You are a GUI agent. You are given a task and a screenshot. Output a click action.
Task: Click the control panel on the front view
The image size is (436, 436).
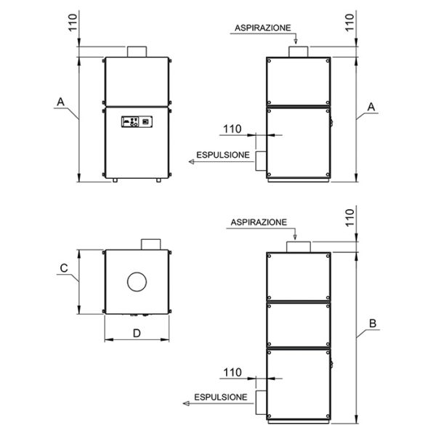click(x=137, y=122)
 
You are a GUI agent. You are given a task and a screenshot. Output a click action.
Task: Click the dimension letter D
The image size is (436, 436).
click(x=137, y=333)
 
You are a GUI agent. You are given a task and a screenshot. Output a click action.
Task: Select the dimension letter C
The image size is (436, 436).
click(x=64, y=268)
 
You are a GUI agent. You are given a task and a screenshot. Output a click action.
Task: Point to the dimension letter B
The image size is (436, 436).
click(x=373, y=323)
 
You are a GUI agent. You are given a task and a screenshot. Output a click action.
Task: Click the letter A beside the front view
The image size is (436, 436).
click(x=60, y=102)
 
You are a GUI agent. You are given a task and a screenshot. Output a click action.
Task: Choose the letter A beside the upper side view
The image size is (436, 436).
click(x=371, y=107)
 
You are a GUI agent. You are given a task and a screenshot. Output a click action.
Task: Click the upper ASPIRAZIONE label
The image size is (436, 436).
click(x=263, y=28)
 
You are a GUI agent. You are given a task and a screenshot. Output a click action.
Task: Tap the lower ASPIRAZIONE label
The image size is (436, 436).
click(x=259, y=222)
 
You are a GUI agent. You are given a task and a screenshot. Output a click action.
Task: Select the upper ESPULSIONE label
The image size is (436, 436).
click(x=223, y=155)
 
